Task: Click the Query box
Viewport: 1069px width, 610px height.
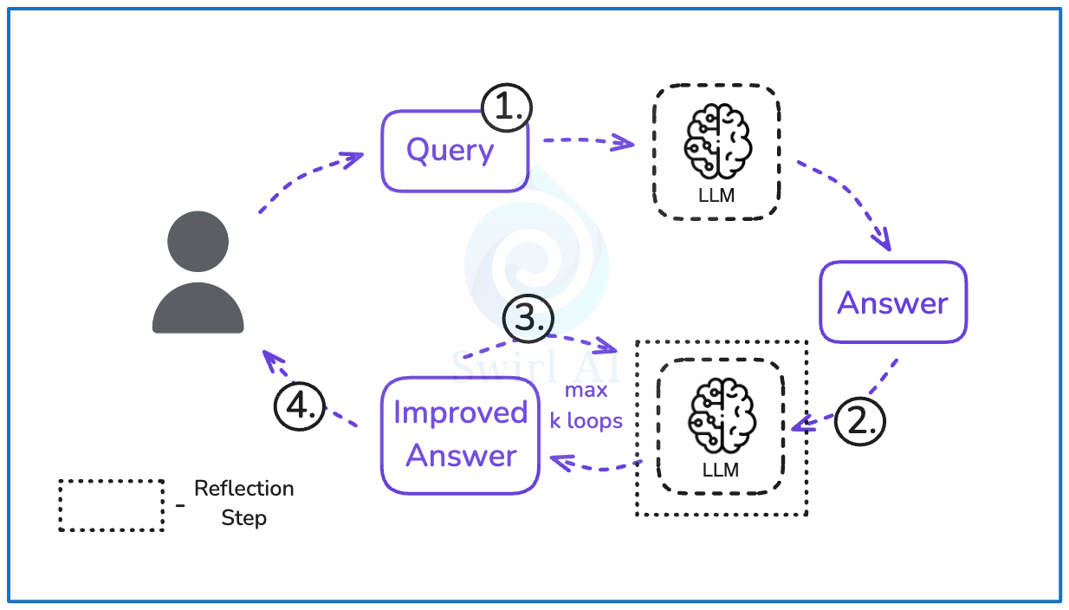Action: [454, 151]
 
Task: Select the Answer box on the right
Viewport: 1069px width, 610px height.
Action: [892, 302]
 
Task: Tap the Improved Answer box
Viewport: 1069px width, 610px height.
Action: [460, 434]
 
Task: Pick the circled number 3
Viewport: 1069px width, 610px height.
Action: [528, 319]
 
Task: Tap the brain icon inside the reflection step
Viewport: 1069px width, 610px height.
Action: [721, 417]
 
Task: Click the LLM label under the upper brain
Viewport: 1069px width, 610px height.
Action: [716, 196]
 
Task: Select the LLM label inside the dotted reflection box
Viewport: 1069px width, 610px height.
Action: [721, 470]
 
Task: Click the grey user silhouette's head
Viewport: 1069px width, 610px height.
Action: [198, 240]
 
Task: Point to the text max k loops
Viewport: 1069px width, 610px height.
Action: [586, 406]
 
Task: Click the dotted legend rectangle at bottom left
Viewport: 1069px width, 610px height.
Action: [111, 504]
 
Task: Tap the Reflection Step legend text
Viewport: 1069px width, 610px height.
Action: [243, 503]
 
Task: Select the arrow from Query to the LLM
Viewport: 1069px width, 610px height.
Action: [587, 141]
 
